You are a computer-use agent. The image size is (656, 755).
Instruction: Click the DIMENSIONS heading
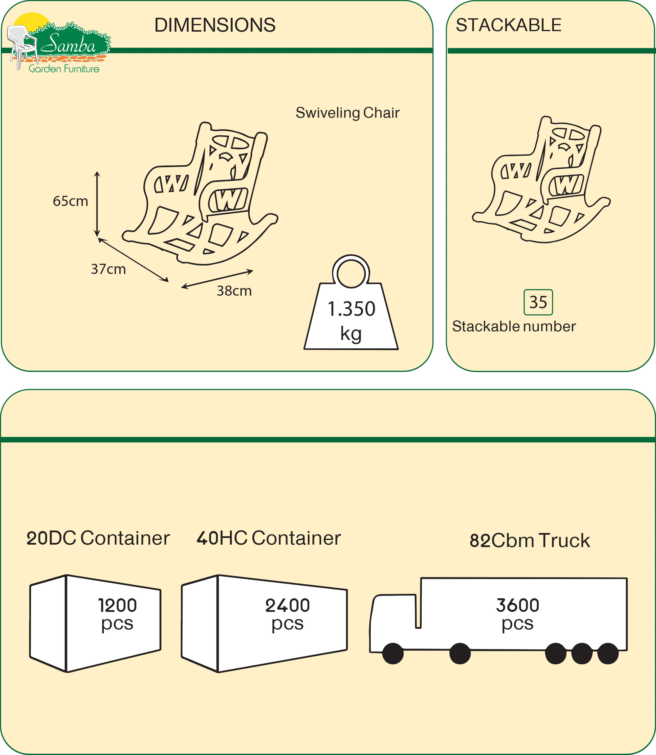(x=215, y=25)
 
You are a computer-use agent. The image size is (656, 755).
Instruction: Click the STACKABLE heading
(x=508, y=25)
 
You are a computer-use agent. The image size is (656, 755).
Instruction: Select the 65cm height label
(x=70, y=201)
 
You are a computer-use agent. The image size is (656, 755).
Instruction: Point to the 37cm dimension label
(x=108, y=269)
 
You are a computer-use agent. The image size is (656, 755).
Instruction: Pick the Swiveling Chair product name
(x=347, y=113)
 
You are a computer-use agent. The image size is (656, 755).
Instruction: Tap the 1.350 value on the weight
(x=351, y=309)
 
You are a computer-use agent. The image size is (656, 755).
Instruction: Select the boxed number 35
(x=538, y=302)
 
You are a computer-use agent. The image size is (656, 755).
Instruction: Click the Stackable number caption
(x=514, y=327)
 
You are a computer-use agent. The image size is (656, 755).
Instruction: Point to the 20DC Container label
(x=98, y=538)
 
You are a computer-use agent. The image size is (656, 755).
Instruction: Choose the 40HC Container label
(x=269, y=538)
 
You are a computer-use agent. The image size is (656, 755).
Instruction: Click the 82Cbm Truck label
(x=530, y=540)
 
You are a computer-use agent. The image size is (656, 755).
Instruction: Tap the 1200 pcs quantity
(x=117, y=614)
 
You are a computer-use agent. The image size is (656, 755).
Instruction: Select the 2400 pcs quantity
(x=287, y=614)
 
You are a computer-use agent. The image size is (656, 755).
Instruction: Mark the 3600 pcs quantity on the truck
(x=517, y=614)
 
